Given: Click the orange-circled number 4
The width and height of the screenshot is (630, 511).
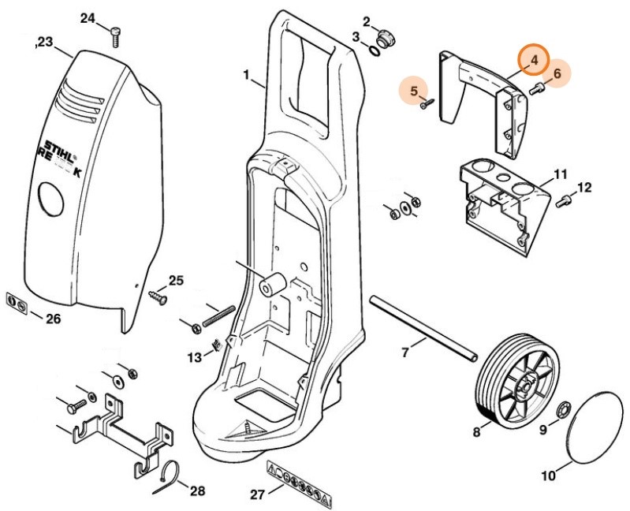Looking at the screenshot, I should [x=534, y=59].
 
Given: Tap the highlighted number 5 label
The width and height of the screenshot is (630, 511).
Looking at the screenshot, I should [x=412, y=91].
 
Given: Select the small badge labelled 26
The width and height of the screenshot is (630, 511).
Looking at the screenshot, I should [x=17, y=304].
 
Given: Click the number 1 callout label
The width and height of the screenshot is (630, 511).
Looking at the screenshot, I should [x=246, y=76].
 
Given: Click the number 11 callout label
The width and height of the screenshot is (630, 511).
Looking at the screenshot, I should [x=560, y=173].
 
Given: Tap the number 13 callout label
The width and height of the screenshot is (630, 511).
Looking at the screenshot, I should [x=194, y=357].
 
